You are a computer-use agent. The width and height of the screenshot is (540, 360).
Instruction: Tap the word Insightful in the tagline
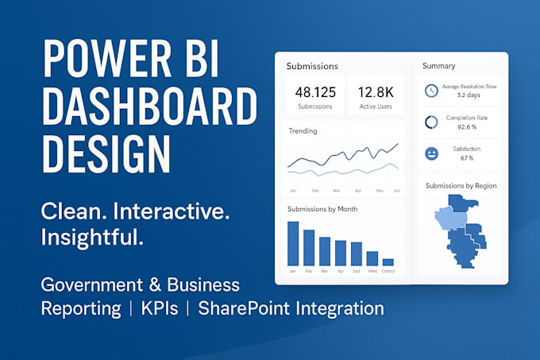(x=92, y=237)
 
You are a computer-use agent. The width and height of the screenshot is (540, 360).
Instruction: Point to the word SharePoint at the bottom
(x=249, y=308)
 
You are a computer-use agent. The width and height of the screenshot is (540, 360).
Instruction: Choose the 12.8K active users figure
(x=376, y=91)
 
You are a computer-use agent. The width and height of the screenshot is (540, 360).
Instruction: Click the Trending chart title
(x=302, y=130)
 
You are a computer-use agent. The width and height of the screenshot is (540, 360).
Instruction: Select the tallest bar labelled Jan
(x=293, y=243)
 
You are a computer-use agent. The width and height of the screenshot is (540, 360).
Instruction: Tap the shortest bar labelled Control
(x=388, y=261)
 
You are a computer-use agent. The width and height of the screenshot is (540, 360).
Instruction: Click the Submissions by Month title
(x=322, y=209)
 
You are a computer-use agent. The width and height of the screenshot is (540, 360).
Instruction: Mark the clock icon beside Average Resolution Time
(x=431, y=91)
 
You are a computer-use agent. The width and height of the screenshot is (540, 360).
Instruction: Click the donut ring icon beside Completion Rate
(x=431, y=122)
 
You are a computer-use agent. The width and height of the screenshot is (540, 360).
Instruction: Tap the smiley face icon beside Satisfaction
(x=431, y=153)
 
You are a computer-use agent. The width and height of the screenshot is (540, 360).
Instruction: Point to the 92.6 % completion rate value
(x=465, y=127)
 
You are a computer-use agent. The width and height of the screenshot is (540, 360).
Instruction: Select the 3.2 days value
(x=468, y=95)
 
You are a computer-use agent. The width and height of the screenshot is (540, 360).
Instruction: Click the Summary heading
(x=438, y=65)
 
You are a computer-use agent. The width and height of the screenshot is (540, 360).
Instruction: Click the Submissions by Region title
(x=460, y=185)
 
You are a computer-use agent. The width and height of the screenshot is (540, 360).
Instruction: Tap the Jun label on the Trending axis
(x=395, y=191)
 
